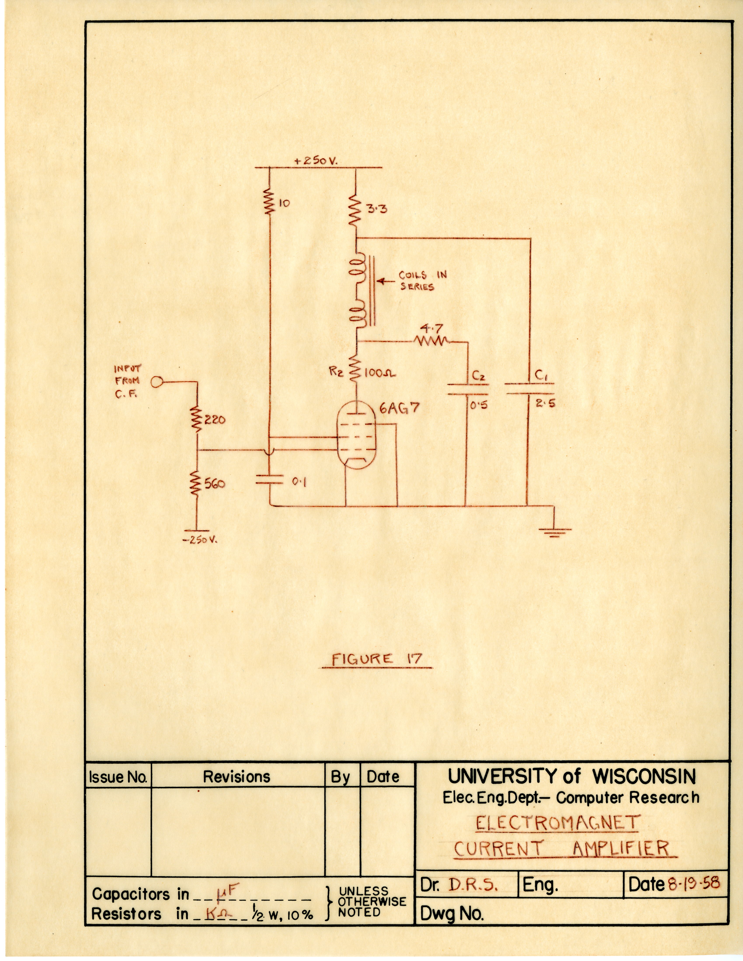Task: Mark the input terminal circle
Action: (x=156, y=382)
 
